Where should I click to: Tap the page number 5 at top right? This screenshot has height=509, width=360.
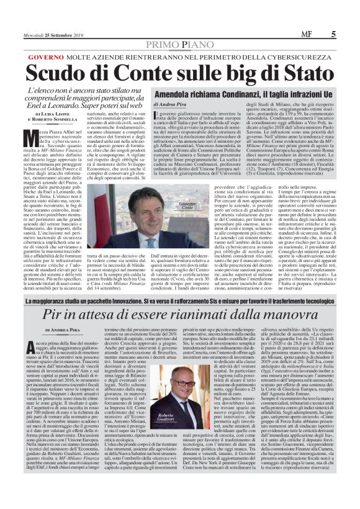350,9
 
